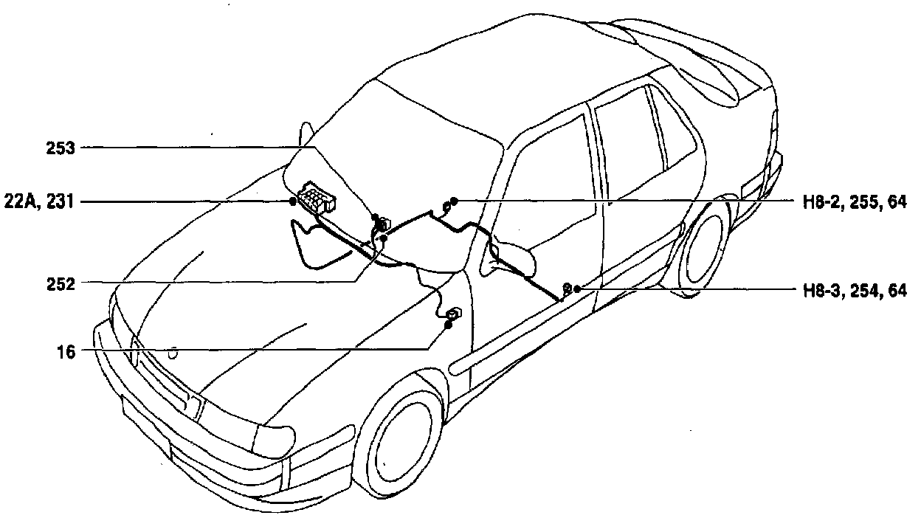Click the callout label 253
tap(60, 149)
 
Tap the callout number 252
tap(60, 283)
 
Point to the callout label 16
tap(66, 351)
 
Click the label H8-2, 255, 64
tap(855, 201)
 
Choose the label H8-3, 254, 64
tap(855, 291)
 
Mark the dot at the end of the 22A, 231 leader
tap(293, 201)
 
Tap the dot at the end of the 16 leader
tap(448, 325)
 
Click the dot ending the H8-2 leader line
tap(454, 201)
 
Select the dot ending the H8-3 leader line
tap(576, 289)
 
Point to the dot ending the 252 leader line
tap(383, 238)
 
